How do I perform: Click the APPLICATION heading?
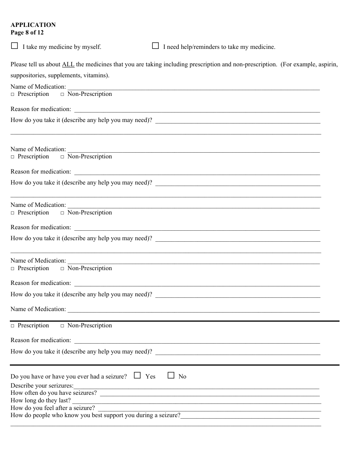tap(33, 25)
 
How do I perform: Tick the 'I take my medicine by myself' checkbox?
tap(14, 46)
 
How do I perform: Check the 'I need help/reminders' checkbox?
tap(155, 46)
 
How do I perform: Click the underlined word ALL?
tap(68, 64)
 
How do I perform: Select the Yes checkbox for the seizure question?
tap(138, 375)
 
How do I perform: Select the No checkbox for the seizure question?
tap(171, 375)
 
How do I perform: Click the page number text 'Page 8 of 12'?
tap(27, 33)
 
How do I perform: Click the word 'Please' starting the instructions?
tap(19, 64)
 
